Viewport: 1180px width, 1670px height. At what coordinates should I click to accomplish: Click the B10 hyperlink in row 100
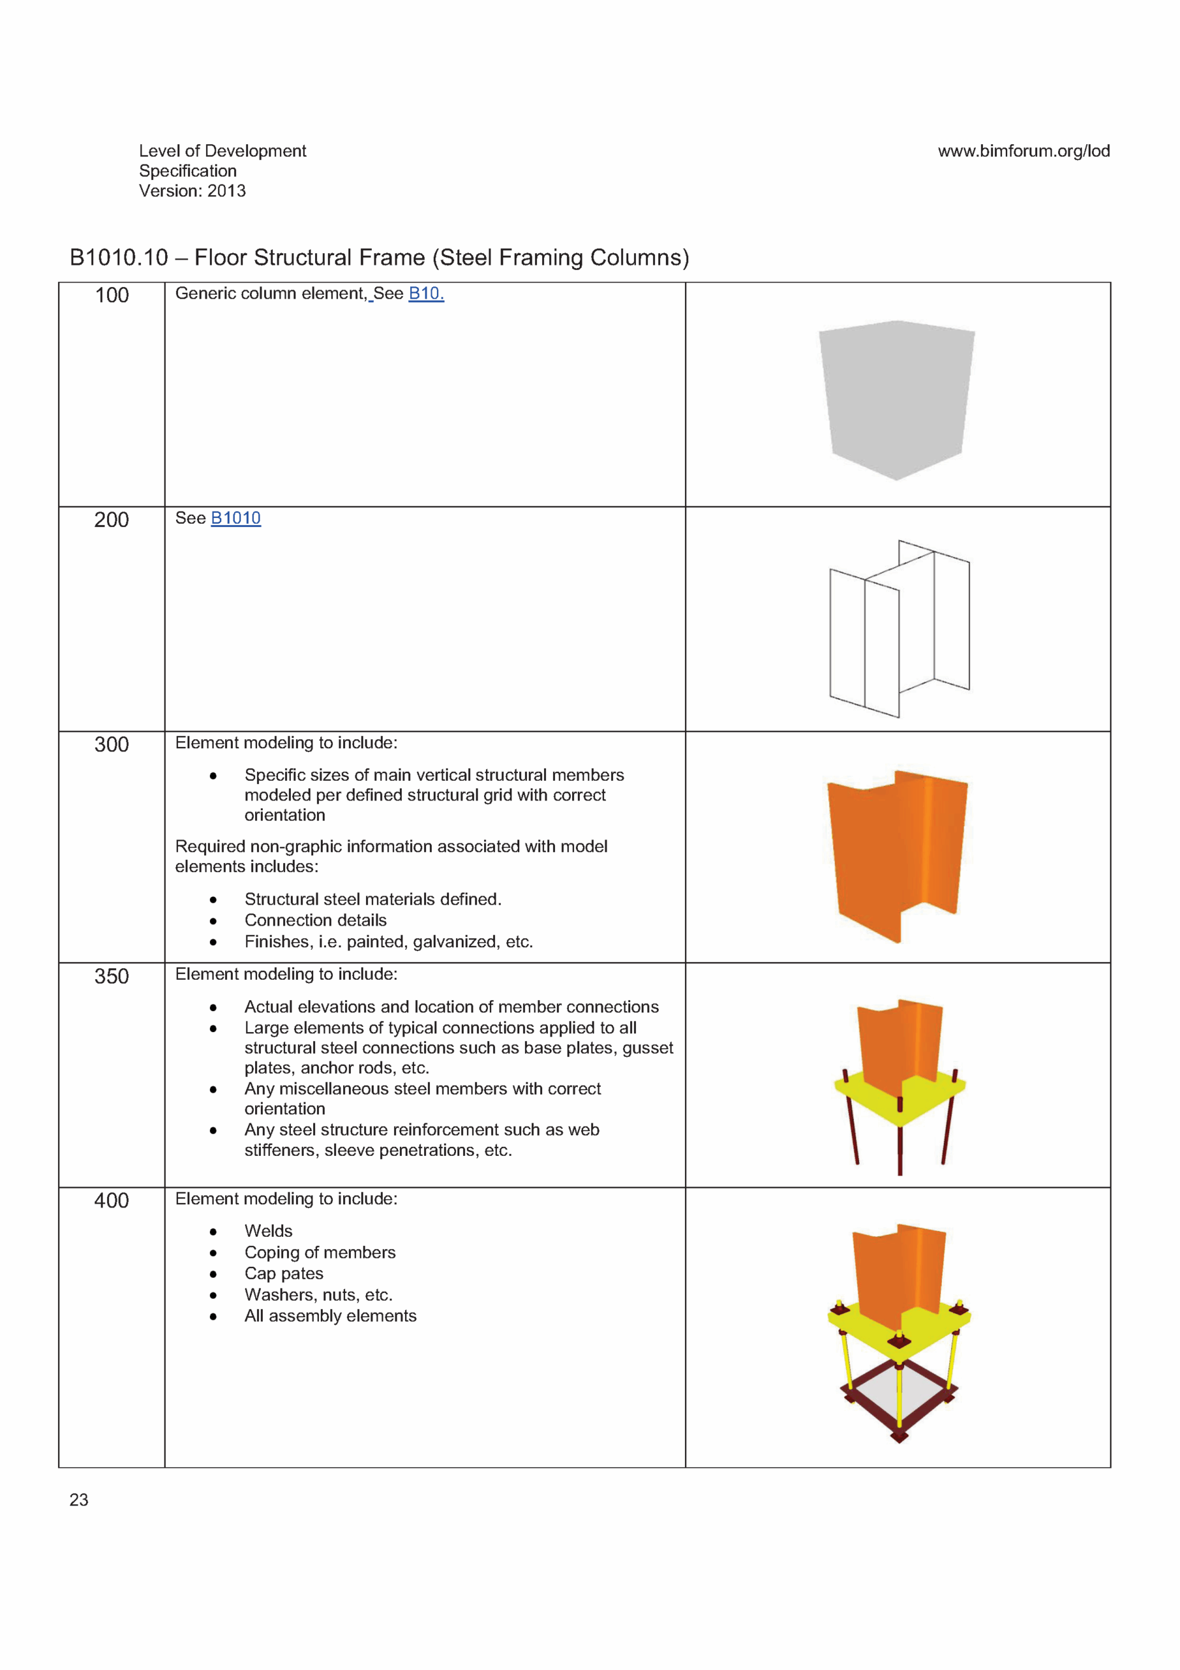click(425, 293)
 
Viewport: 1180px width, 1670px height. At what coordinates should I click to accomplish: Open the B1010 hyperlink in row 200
click(235, 518)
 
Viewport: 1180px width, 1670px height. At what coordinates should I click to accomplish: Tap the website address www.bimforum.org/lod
click(1023, 151)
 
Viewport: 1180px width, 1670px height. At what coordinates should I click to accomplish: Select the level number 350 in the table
click(112, 976)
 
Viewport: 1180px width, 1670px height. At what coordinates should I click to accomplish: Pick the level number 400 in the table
click(112, 1200)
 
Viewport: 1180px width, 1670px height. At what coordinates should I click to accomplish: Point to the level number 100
click(112, 296)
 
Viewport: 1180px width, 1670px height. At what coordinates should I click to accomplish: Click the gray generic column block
click(897, 397)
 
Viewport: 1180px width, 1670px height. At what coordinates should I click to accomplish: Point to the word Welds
click(269, 1231)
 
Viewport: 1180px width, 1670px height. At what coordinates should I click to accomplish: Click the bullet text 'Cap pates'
click(284, 1273)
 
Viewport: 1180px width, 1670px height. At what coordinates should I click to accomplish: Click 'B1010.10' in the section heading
click(119, 258)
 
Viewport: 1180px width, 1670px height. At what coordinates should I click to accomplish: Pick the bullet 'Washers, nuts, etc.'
click(318, 1295)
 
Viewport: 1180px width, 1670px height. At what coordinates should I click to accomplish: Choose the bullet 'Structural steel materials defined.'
click(372, 899)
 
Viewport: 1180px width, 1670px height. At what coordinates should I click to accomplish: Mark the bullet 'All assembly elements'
click(330, 1316)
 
